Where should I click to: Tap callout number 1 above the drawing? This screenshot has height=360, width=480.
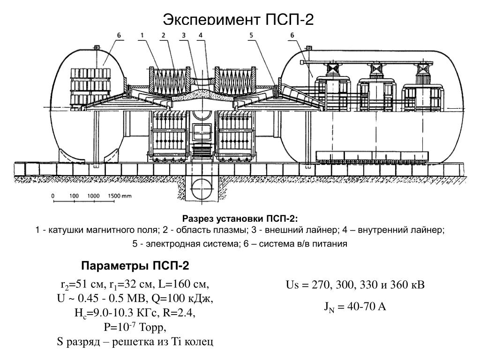pos(142,35)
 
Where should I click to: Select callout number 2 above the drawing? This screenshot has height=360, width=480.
pos(164,35)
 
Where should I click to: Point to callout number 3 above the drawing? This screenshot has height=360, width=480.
pos(184,35)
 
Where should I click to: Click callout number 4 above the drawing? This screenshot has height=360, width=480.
pos(201,35)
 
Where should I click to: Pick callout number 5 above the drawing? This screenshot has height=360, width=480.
pos(251,35)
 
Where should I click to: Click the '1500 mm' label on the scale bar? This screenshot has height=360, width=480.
pos(119,195)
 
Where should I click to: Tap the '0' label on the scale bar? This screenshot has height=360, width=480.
pos(52,195)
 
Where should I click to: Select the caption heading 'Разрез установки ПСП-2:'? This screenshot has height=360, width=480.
pos(240,219)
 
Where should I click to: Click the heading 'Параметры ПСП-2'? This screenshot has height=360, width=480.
pos(135,266)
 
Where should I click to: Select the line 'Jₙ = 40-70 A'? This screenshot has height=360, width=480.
pos(355,307)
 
